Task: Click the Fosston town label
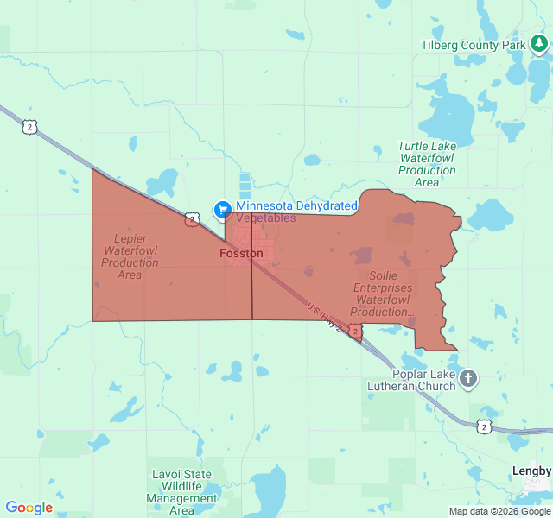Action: [241, 254]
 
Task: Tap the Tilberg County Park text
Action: [473, 45]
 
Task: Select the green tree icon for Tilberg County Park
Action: [539, 43]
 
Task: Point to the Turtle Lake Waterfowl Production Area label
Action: [427, 164]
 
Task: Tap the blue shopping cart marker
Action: [222, 209]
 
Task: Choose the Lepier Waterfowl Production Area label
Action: [130, 256]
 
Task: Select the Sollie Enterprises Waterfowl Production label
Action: [383, 294]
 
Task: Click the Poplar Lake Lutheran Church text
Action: [411, 380]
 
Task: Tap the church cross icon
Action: [467, 378]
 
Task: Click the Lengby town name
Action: [531, 471]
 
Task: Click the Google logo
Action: [29, 508]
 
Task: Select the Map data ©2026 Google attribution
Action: [499, 511]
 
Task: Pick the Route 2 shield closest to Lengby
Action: [483, 426]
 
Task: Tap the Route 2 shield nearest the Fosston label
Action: [191, 220]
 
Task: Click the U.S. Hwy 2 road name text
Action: [323, 315]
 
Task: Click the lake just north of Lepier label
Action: [162, 183]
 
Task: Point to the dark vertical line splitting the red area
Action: [252, 285]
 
